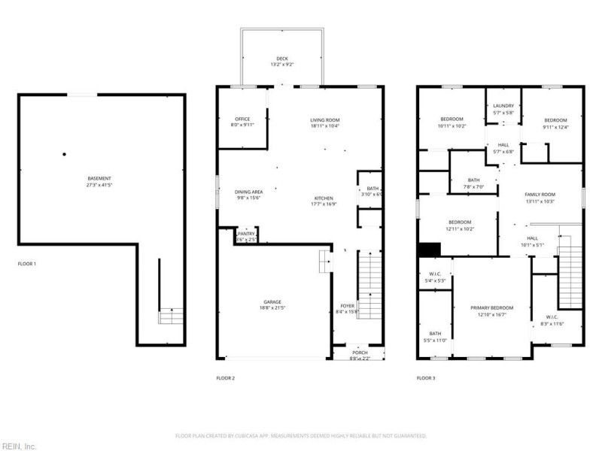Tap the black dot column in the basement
click(x=65, y=154)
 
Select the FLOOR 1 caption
click(x=26, y=264)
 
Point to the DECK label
click(x=281, y=59)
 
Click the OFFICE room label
click(x=242, y=119)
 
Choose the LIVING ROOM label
click(x=325, y=120)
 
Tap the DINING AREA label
click(x=248, y=192)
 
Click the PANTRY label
click(x=247, y=234)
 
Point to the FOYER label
click(x=347, y=305)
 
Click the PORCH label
click(x=360, y=353)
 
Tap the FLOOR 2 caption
click(x=226, y=378)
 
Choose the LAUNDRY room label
click(x=503, y=106)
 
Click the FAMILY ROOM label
click(x=539, y=195)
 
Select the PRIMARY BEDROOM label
click(x=491, y=308)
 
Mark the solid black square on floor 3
click(x=429, y=250)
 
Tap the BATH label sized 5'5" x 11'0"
click(x=436, y=334)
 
